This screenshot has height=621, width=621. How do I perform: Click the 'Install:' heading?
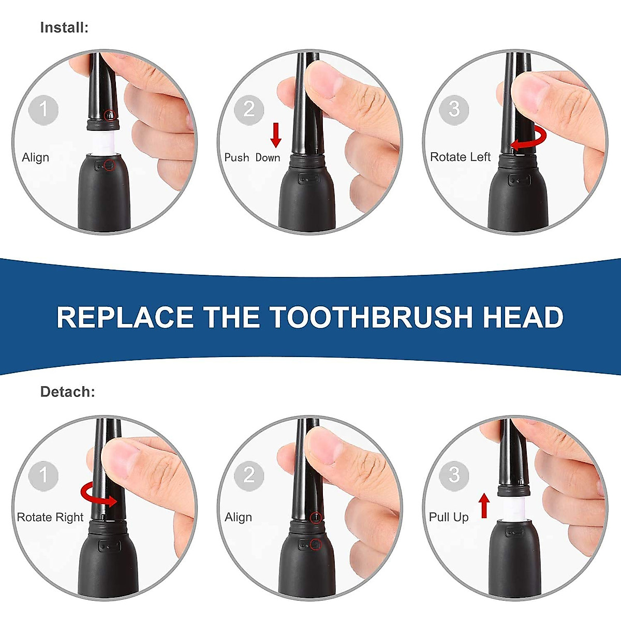pos(64,27)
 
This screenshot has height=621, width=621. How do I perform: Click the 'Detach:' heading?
pos(67,392)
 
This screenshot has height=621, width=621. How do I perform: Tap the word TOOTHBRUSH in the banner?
pos(371,317)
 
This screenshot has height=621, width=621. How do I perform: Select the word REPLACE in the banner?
pos(125,317)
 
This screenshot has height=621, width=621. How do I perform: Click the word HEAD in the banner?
pos(523,317)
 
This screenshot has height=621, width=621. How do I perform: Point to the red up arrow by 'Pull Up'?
pos(484,506)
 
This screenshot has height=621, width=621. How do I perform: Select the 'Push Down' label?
pos(252,157)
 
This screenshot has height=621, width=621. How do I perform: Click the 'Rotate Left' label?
pos(460,157)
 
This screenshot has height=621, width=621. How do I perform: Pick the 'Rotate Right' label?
pos(50,517)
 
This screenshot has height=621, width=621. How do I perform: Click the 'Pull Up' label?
pos(449,517)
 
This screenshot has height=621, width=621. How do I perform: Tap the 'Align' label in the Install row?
pos(36,157)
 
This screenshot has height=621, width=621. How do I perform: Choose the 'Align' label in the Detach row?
pos(238,517)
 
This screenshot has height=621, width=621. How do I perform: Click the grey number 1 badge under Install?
pos(43,110)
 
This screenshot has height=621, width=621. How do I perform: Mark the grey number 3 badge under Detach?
pos(454,475)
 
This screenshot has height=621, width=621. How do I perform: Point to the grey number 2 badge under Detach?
pos(249,475)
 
